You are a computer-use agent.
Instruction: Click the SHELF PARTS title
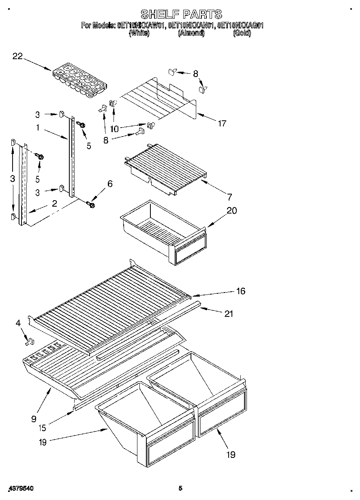point(181,15)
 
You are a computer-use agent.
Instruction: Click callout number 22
point(17,57)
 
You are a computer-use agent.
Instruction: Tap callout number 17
point(222,124)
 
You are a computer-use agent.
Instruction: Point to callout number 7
point(230,197)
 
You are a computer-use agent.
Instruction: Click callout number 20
point(232,211)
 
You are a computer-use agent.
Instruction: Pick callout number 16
point(241,291)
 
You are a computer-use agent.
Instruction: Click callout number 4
point(18,323)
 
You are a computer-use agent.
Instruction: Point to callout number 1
point(37,128)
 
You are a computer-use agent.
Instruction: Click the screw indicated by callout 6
point(91,205)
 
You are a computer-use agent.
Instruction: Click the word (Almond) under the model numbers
point(191,34)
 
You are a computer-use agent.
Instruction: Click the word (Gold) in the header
point(242,34)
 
